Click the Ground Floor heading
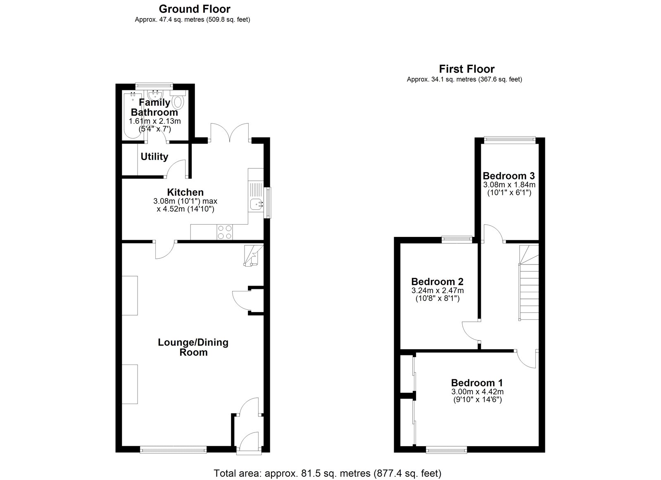point(195,9)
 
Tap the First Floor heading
point(466,69)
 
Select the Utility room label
point(154,157)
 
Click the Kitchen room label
point(185,192)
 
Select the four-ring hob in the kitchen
point(225,232)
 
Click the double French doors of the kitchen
point(230,132)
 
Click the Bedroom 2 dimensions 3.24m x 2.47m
point(437,291)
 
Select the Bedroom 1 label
point(477,383)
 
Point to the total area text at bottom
point(327,473)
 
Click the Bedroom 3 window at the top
point(509,140)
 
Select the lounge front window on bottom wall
point(173,449)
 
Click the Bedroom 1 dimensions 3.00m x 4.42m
point(477,392)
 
